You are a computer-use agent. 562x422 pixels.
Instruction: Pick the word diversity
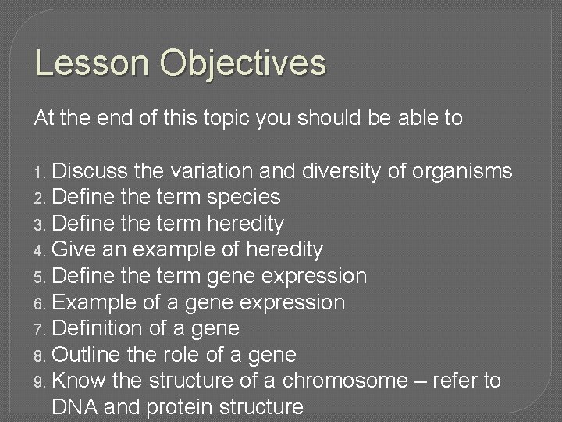(x=354, y=170)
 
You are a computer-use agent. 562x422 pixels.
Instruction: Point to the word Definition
(x=100, y=329)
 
